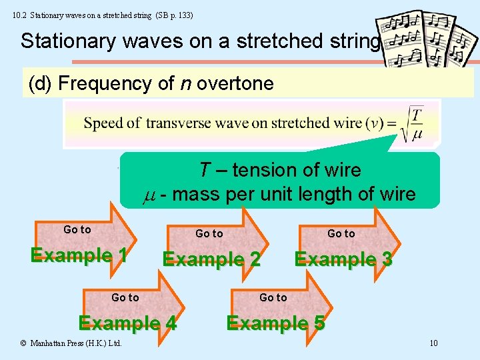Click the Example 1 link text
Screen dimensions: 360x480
pyautogui.click(x=79, y=255)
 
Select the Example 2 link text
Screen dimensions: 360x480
pyautogui.click(x=211, y=259)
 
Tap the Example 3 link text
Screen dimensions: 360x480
pyautogui.click(x=343, y=259)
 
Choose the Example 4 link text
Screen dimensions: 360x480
pyautogui.click(x=127, y=323)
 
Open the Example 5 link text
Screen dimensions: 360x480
pyautogui.click(x=275, y=323)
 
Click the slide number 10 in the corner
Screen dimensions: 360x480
pyautogui.click(x=433, y=343)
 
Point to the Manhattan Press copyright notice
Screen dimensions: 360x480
pyautogui.click(x=71, y=343)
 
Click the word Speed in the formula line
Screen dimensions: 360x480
pyautogui.click(x=101, y=123)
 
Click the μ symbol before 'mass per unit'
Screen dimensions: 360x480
pyautogui.click(x=150, y=195)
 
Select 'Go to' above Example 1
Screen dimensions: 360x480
pyautogui.click(x=77, y=229)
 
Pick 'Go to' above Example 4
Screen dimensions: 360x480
pyautogui.click(x=125, y=297)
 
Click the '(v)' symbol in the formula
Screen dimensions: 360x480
pyautogui.click(x=378, y=123)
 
